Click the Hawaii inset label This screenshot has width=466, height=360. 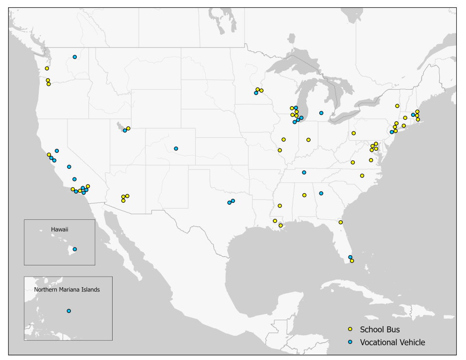point(60,230)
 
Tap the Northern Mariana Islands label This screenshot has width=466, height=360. point(67,290)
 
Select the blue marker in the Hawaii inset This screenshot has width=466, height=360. point(75,249)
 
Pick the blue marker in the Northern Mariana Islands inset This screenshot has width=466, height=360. point(69,311)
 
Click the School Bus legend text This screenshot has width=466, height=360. point(380,330)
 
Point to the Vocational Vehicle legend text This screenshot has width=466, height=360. point(392,343)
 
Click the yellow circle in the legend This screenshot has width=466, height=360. point(350,330)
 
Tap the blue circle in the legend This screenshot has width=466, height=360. point(350,343)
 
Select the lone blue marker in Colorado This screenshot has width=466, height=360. point(176,148)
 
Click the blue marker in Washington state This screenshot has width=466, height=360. point(75,57)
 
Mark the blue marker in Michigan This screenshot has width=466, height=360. point(321,113)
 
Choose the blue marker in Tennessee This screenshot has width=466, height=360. point(304,172)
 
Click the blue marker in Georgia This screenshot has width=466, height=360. point(321,193)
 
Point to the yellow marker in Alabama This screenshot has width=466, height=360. point(304,195)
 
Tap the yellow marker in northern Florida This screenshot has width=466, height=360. point(341,222)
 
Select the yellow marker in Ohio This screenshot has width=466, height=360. point(353,133)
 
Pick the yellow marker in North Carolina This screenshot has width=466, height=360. point(362,176)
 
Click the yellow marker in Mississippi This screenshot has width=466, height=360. point(280,206)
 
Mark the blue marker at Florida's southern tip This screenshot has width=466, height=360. point(350,257)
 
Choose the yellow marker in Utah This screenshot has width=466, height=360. point(128,129)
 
